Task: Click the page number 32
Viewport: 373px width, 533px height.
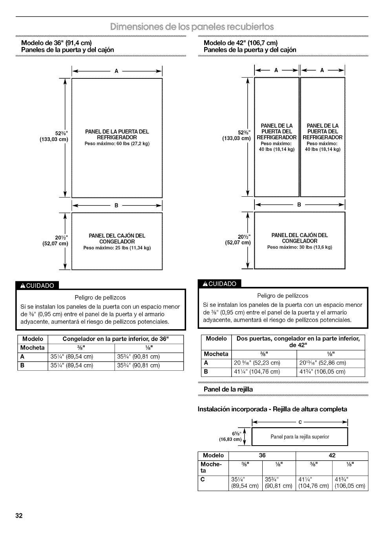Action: click(19, 515)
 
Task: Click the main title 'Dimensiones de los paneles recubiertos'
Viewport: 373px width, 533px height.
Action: click(192, 27)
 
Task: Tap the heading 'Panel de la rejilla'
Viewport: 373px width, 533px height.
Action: click(228, 389)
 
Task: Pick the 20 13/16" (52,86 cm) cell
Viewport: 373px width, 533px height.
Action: click(323, 363)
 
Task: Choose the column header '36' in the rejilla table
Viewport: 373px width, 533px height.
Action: click(262, 455)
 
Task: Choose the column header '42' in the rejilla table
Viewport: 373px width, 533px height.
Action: click(332, 455)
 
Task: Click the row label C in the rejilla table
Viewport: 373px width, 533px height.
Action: click(203, 479)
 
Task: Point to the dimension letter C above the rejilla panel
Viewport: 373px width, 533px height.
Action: click(300, 422)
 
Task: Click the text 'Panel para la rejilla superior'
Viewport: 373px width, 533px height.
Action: click(300, 437)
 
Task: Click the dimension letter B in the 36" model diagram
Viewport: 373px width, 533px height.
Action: click(116, 205)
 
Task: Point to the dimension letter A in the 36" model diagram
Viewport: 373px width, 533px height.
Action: click(116, 71)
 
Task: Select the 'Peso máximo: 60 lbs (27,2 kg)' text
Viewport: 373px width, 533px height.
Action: click(117, 144)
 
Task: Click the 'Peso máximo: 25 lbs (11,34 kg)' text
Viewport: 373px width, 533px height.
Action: click(117, 248)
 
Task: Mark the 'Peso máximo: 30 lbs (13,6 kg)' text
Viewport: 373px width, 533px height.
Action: click(300, 247)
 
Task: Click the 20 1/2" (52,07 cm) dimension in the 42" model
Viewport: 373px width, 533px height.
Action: click(238, 239)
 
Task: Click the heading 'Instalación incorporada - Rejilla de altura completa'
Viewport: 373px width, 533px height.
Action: click(272, 409)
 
